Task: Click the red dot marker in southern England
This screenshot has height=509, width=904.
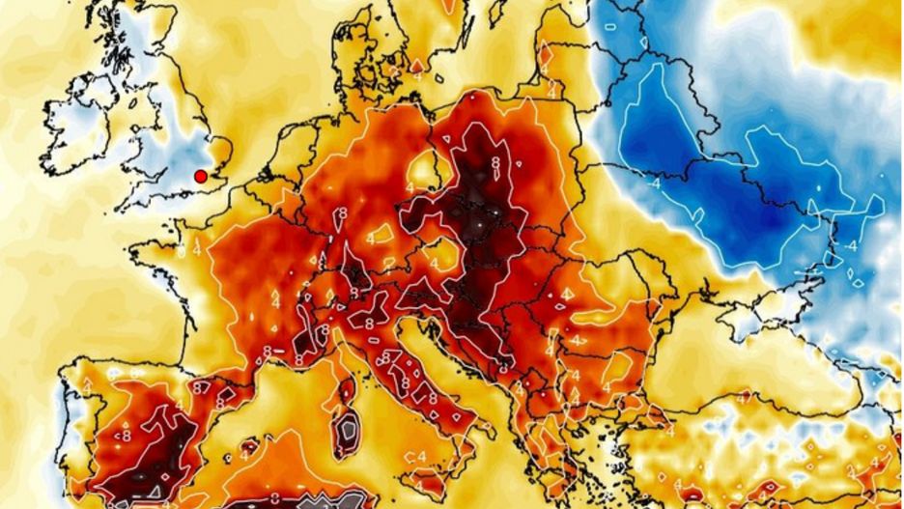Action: [200, 176]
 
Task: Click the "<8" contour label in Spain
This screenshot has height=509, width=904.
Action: [127, 435]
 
